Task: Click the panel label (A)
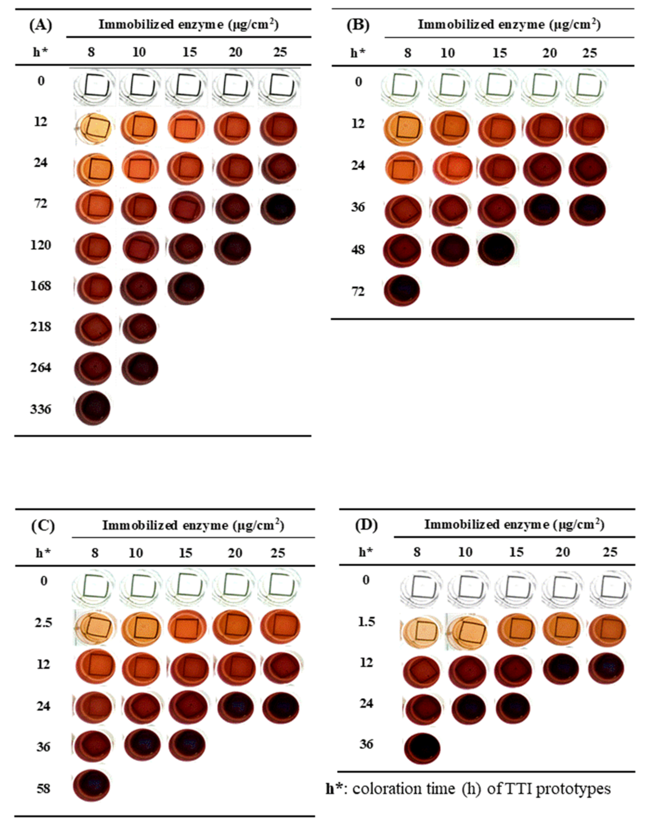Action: [41, 25]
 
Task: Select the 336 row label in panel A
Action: [41, 409]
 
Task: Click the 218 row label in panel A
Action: [41, 327]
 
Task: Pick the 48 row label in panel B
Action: [358, 250]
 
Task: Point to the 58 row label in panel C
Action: [44, 789]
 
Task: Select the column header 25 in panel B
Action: [589, 53]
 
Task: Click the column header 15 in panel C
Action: [185, 553]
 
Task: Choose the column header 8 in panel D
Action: [417, 552]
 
